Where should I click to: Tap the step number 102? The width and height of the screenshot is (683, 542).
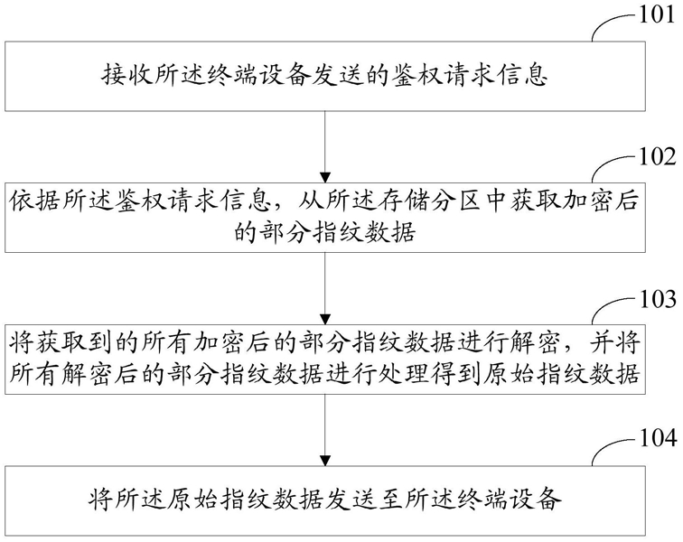(x=656, y=157)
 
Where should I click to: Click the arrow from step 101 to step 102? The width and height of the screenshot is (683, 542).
(x=325, y=146)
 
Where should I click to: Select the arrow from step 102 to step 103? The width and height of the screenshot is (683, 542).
(x=325, y=288)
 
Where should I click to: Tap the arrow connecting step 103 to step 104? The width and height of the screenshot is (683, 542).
(x=325, y=430)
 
